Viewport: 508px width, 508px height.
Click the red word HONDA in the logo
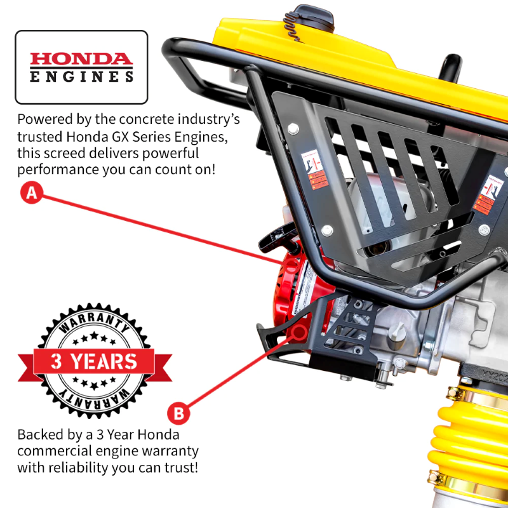81,60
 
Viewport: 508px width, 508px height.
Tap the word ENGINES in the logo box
81,77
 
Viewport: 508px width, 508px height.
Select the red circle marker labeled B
178,414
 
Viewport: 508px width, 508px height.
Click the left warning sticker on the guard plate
311,168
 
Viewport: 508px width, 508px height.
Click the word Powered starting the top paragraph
44,119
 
